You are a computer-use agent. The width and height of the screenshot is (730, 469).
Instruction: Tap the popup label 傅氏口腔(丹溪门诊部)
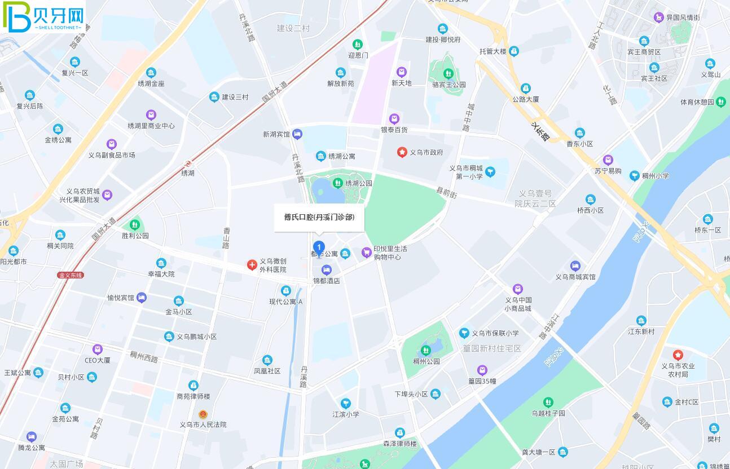[x=319, y=217]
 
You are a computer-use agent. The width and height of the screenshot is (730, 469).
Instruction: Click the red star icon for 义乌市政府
[x=402, y=152]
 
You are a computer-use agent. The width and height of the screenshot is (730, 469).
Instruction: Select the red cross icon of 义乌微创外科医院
[x=252, y=265]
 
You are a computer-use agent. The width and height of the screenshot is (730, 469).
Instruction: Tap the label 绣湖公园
[x=359, y=183]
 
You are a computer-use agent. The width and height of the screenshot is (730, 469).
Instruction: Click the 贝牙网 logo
[x=43, y=17]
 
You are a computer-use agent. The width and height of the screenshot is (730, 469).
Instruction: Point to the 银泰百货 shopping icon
[x=394, y=119]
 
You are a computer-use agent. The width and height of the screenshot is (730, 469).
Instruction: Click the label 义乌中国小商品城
[x=518, y=304]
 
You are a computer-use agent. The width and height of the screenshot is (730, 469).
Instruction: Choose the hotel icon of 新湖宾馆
[x=297, y=134]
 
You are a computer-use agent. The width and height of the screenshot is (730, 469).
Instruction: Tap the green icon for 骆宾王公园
[x=448, y=73]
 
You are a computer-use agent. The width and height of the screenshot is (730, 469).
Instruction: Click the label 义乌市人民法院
[x=203, y=424]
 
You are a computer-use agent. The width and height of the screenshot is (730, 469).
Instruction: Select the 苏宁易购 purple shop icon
[x=608, y=160]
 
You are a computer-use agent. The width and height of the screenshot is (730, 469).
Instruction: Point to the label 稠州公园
[x=426, y=361]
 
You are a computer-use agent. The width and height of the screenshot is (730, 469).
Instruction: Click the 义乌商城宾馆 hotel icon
[x=575, y=266]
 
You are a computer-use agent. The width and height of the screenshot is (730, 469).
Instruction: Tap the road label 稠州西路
[x=144, y=357]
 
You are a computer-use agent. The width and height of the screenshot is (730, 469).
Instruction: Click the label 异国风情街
[x=683, y=17]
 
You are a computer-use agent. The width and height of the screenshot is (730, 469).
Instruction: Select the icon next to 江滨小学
[x=345, y=403]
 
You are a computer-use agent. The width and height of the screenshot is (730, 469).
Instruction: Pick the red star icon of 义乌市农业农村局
[x=678, y=355]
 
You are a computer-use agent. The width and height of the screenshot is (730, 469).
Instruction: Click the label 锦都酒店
[x=327, y=281]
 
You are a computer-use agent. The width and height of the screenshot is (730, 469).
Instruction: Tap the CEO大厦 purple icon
[x=98, y=349]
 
